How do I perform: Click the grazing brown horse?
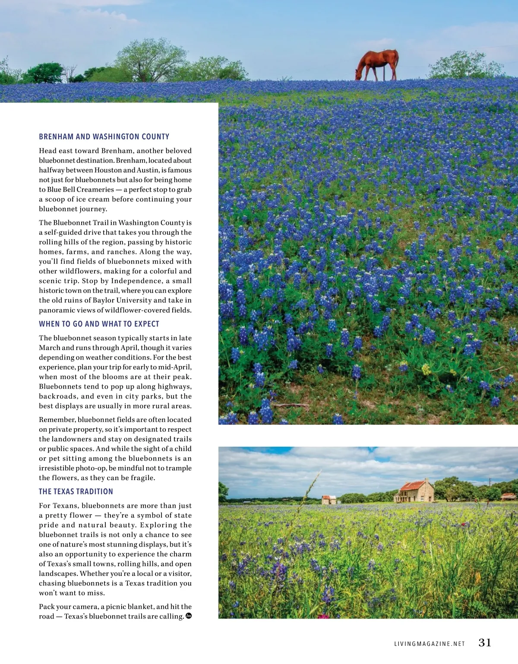(377, 64)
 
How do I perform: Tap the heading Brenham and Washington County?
(104, 137)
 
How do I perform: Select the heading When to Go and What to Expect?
(99, 324)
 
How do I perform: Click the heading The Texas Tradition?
(76, 492)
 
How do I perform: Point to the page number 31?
(485, 643)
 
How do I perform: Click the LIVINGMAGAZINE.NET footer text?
(430, 644)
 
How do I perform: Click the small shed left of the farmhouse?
(329, 500)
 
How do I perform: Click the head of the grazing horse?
(359, 75)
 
